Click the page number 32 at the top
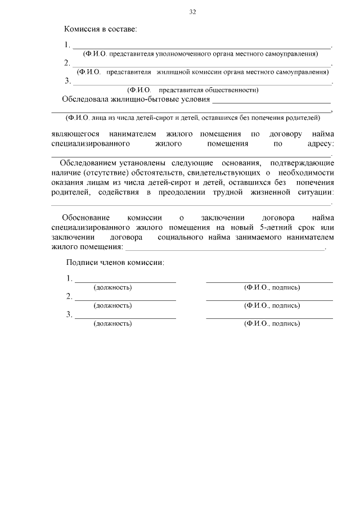[193, 11]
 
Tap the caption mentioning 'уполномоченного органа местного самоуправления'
[200, 54]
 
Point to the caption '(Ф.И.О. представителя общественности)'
[193, 89]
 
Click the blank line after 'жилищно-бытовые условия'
[272, 101]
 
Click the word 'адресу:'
[321, 143]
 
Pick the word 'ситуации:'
[315, 192]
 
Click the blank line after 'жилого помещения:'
[225, 247]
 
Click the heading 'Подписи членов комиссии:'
[115, 263]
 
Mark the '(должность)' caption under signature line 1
[112, 287]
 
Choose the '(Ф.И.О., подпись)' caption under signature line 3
[272, 323]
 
